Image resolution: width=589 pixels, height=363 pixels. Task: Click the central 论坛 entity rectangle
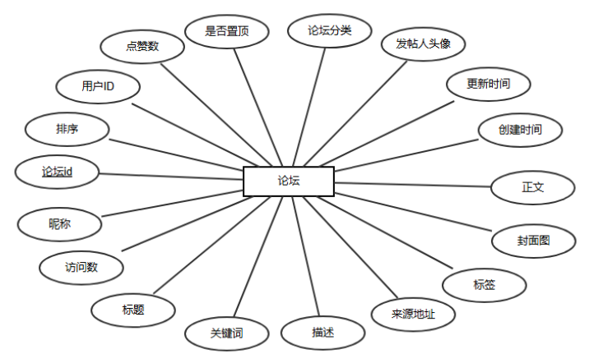[289, 181]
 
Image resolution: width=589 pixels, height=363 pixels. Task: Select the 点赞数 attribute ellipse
[142, 47]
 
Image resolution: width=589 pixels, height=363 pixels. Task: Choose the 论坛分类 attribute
[329, 31]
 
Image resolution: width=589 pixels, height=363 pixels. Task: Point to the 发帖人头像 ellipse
[423, 44]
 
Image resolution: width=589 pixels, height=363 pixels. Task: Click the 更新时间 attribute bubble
[488, 84]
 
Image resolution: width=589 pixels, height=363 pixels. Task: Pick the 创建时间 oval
[520, 130]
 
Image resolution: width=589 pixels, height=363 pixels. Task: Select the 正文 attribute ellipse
[532, 187]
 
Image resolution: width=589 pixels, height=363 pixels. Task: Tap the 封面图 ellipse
[533, 241]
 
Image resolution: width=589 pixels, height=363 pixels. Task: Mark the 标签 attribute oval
[483, 284]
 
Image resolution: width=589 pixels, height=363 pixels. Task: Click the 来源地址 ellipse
[413, 313]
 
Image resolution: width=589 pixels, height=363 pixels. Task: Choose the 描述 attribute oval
[322, 333]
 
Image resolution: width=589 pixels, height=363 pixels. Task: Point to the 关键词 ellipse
[226, 333]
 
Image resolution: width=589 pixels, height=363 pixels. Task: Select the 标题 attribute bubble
[133, 310]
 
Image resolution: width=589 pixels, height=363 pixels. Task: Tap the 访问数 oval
[81, 267]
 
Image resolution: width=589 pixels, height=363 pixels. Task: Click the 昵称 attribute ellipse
[59, 223]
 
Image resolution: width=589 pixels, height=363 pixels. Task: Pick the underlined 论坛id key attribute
[58, 172]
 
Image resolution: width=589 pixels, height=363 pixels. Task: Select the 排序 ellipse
[67, 129]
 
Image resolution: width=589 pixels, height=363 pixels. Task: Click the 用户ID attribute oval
[98, 86]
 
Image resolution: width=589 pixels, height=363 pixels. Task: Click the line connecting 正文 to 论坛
[411, 184]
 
